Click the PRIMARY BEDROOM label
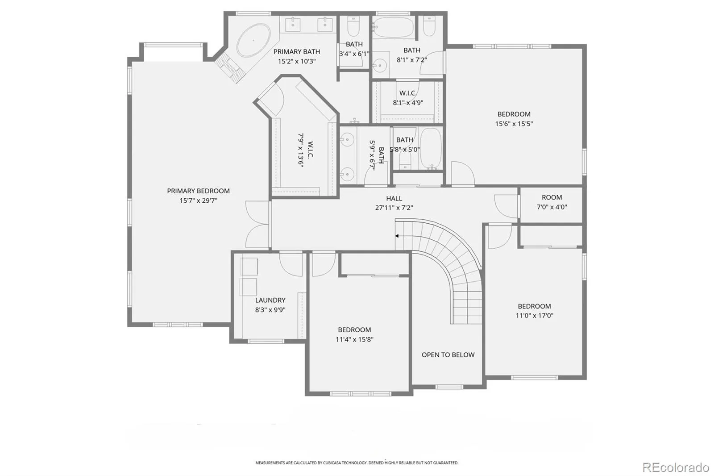[198, 191]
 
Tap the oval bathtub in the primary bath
[253, 41]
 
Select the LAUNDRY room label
[270, 300]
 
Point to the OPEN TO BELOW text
[448, 355]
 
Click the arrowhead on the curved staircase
[397, 236]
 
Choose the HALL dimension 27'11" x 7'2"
[394, 208]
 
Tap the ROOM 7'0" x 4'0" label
[552, 202]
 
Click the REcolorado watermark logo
[676, 468]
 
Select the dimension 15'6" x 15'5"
[514, 124]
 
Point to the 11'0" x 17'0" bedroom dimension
[534, 316]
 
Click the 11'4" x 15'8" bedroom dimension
[354, 339]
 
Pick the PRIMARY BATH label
[296, 52]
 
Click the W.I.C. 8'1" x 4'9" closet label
[408, 98]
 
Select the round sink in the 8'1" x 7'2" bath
[380, 66]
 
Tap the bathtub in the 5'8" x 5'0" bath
[431, 148]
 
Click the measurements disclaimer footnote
[357, 463]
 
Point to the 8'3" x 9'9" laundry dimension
[270, 310]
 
